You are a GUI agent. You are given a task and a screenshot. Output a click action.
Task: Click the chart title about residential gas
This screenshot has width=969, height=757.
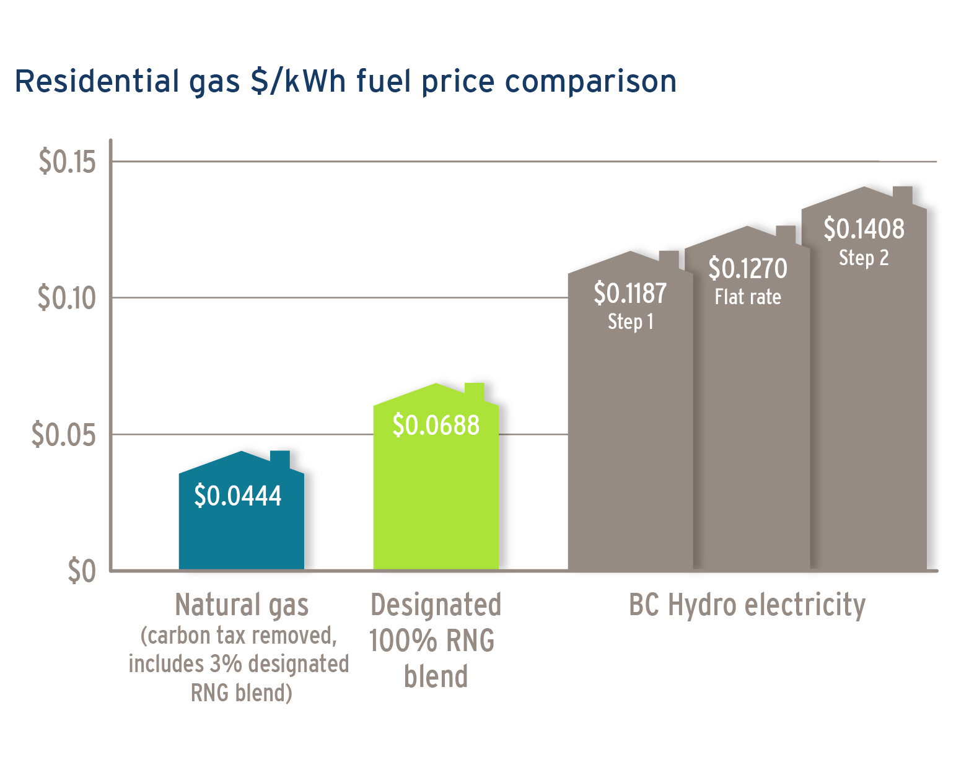click(x=345, y=81)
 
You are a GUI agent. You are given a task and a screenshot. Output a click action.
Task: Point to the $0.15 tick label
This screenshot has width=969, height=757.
click(x=68, y=162)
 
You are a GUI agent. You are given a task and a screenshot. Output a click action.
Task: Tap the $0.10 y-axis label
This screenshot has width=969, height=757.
click(x=68, y=298)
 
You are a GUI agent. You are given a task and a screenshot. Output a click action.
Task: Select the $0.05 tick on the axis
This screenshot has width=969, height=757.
click(x=64, y=435)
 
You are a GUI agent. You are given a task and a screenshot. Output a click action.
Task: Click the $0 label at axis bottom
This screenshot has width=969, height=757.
click(x=82, y=571)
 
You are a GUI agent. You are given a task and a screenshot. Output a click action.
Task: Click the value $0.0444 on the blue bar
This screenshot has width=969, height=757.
click(x=238, y=496)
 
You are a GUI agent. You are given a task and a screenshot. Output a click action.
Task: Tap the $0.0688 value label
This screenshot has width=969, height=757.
click(x=436, y=426)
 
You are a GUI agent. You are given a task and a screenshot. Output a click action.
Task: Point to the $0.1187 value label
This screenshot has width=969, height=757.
click(x=630, y=294)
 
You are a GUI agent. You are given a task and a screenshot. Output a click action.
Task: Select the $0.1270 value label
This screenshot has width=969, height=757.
click(x=748, y=269)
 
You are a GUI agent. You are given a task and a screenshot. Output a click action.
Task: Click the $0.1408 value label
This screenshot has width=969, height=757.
click(x=864, y=229)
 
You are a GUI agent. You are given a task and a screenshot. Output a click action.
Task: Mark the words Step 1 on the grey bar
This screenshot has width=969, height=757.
click(x=630, y=322)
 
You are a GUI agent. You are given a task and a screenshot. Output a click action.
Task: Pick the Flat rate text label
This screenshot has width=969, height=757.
click(x=748, y=297)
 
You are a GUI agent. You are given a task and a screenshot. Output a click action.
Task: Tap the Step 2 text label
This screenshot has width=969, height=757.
click(x=864, y=258)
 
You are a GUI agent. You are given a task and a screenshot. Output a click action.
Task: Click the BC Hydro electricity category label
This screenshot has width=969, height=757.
click(x=747, y=605)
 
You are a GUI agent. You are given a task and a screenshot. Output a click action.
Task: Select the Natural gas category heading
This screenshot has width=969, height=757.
click(x=242, y=605)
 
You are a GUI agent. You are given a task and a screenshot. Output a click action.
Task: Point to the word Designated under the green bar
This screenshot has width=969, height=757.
click(x=436, y=605)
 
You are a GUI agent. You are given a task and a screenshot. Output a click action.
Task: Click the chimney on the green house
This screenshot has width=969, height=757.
click(x=475, y=392)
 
